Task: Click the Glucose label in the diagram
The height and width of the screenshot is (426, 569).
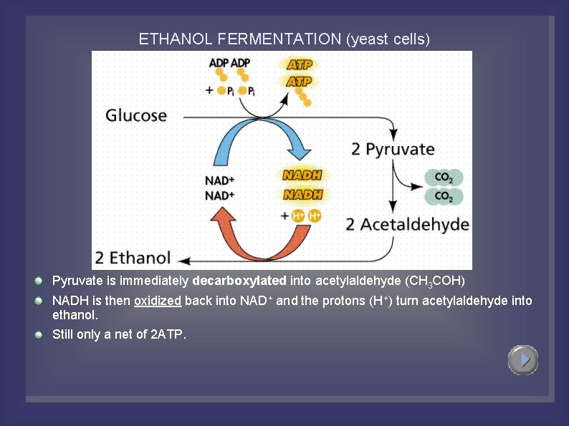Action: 136,115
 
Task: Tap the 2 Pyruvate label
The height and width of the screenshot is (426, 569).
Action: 393,149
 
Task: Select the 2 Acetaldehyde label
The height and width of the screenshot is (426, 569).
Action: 407,224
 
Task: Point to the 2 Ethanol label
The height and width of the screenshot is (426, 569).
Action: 134,258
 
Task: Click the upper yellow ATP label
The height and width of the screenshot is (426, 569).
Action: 299,64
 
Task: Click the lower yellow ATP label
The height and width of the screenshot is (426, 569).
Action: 299,82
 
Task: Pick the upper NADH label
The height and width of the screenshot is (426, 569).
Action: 302,175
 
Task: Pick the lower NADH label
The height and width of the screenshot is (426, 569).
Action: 302,194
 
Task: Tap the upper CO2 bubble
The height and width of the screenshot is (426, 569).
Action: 444,178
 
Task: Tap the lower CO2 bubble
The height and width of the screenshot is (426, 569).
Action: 444,196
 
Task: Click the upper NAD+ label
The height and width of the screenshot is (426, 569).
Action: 220,180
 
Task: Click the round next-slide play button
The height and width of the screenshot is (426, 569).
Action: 523,359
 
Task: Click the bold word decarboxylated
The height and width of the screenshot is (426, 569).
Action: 239,280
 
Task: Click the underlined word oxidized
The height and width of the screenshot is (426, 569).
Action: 158,301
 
